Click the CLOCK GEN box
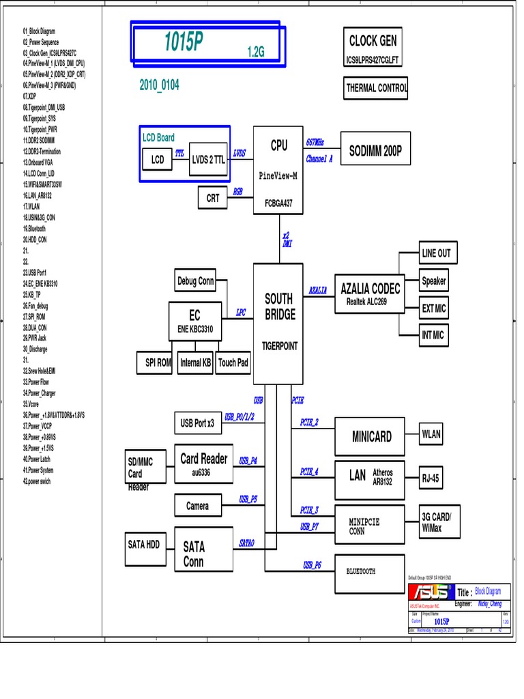[373, 41]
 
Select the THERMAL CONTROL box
[376, 88]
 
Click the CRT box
[213, 198]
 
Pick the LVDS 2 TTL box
[208, 160]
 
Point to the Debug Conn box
[196, 281]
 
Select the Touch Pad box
[233, 363]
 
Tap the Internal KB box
[195, 363]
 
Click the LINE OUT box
[436, 253]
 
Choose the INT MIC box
[433, 335]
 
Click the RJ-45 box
[431, 479]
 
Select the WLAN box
[431, 434]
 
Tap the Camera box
[197, 506]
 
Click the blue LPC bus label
[241, 313]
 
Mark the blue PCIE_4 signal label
[309, 472]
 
